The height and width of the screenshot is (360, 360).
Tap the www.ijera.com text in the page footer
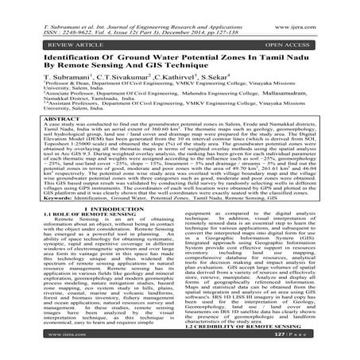tap(39, 347)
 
